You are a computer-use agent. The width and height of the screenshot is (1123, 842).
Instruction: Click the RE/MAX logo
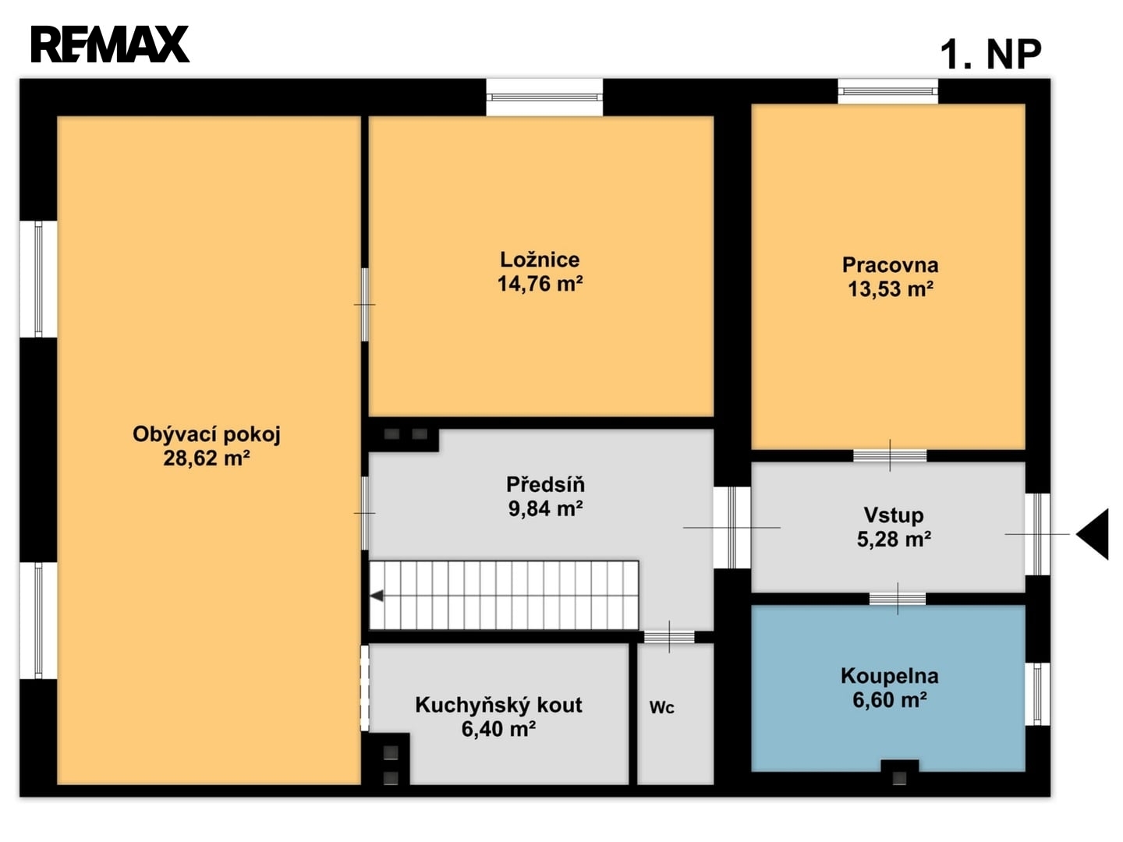[110, 44]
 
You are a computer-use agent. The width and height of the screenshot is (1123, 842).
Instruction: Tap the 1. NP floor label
[990, 55]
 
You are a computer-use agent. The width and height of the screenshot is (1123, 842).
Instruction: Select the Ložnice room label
[540, 260]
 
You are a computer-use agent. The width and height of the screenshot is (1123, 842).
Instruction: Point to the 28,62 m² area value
[206, 458]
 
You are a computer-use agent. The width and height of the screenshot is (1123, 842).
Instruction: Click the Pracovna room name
[891, 265]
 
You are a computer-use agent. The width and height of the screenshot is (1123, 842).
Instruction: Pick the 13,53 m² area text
[891, 288]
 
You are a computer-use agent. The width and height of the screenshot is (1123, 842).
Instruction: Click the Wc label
[661, 708]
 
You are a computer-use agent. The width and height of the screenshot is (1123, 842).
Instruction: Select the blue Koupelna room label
[890, 676]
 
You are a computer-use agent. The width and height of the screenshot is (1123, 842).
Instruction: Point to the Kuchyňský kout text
[498, 705]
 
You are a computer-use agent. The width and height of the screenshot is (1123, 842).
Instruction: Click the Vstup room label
[893, 515]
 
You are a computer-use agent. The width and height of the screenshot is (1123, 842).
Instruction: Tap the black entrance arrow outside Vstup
[1093, 534]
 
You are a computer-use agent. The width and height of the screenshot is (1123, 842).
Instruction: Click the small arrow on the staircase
[377, 596]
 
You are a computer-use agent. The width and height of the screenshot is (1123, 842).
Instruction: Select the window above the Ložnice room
[544, 97]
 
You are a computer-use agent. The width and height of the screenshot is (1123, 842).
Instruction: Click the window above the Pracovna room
[887, 91]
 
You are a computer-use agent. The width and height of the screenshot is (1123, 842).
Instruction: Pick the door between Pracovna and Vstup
[890, 455]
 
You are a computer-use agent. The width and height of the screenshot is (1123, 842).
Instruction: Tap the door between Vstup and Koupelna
[898, 599]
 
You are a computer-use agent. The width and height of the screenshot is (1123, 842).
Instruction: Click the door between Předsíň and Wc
[668, 637]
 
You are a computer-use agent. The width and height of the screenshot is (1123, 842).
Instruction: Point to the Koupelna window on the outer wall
[1037, 694]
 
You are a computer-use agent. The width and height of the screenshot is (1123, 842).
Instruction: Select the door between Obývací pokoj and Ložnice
[365, 305]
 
